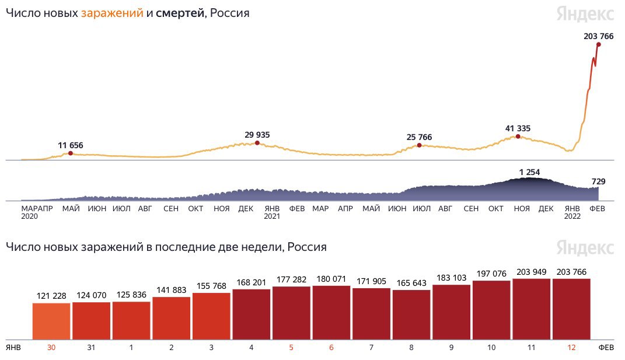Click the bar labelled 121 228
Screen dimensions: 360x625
(51, 320)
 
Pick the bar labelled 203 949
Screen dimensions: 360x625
(532, 309)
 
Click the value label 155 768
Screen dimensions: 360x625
(211, 286)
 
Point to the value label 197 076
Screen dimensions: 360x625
(491, 274)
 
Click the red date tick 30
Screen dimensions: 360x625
(51, 347)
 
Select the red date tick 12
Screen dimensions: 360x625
(571, 347)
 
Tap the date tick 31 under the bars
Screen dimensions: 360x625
(92, 347)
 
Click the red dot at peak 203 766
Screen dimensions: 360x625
(599, 44)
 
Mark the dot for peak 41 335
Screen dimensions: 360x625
(518, 137)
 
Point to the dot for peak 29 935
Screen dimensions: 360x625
(257, 143)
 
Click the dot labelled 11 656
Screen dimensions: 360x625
(71, 153)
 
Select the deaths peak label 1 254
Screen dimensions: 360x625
(530, 172)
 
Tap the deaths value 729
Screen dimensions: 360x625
(598, 181)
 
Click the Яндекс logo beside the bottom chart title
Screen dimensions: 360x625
(584, 247)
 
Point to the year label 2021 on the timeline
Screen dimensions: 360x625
(272, 216)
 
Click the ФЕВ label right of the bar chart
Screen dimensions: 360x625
(606, 347)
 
